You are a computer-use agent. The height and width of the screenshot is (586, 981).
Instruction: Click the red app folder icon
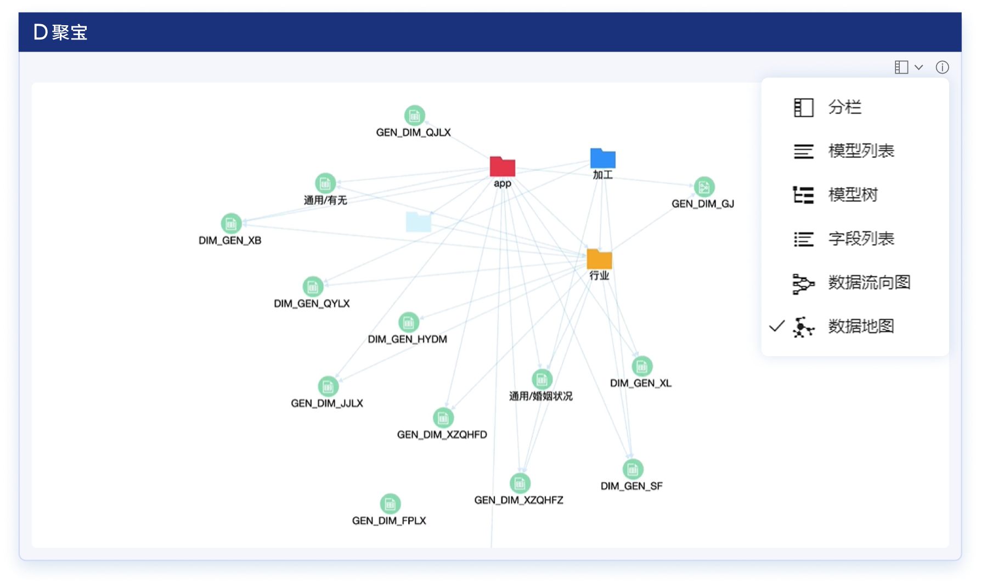pyautogui.click(x=502, y=167)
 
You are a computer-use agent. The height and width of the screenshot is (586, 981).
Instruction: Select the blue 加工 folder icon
pyautogui.click(x=602, y=159)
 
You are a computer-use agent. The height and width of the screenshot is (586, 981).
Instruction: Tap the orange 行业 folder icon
pyautogui.click(x=599, y=259)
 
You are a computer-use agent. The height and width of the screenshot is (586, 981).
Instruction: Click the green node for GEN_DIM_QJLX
pyautogui.click(x=414, y=115)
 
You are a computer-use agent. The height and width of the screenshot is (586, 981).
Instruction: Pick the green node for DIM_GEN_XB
pyautogui.click(x=231, y=224)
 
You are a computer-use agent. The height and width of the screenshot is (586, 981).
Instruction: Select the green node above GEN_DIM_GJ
pyautogui.click(x=704, y=187)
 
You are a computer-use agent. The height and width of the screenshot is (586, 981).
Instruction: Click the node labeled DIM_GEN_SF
pyautogui.click(x=633, y=470)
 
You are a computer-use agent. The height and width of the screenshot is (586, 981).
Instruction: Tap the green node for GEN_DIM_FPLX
pyautogui.click(x=390, y=504)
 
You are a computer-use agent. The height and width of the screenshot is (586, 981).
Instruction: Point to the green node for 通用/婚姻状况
pyautogui.click(x=542, y=379)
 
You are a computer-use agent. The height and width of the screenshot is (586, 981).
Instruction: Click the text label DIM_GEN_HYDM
pyautogui.click(x=407, y=339)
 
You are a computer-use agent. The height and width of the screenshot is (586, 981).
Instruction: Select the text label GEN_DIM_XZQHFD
pyautogui.click(x=442, y=435)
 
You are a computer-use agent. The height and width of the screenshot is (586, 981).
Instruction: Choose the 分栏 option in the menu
pyautogui.click(x=844, y=108)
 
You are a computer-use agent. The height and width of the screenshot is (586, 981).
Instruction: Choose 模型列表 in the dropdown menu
pyautogui.click(x=861, y=151)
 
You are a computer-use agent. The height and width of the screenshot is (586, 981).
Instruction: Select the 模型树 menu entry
pyautogui.click(x=853, y=195)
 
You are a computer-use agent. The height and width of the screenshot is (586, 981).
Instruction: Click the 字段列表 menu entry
pyautogui.click(x=861, y=239)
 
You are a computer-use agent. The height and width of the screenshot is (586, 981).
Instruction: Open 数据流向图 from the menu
pyautogui.click(x=869, y=283)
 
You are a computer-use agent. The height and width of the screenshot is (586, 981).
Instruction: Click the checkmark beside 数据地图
pyautogui.click(x=777, y=326)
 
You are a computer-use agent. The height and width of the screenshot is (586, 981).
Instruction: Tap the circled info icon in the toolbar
pyautogui.click(x=942, y=67)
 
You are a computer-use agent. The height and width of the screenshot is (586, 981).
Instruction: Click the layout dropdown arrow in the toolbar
pyautogui.click(x=918, y=67)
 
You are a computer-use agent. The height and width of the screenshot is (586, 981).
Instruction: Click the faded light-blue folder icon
pyautogui.click(x=418, y=222)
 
